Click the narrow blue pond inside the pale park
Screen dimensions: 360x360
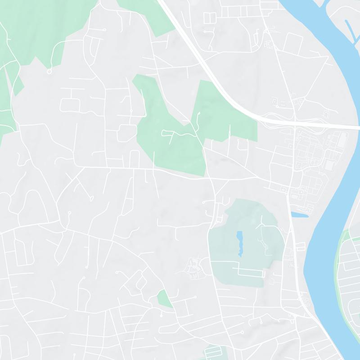coord(239,243)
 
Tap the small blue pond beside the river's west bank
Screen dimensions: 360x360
coord(300,215)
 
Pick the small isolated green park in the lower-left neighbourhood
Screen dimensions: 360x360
coord(164,299)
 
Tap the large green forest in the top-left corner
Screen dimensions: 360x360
coord(40,27)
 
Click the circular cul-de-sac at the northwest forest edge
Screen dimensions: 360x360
coord(49,72)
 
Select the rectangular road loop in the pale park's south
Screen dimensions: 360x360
coord(250,271)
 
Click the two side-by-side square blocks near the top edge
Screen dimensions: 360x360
coord(210,18)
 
